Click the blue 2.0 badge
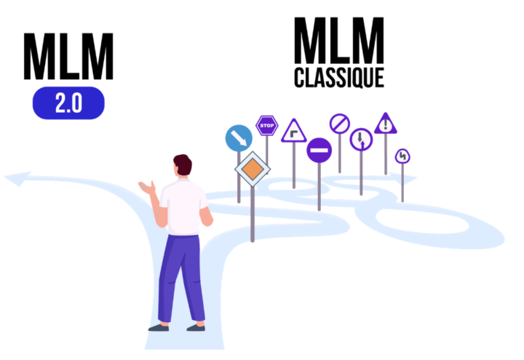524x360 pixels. coord(68,103)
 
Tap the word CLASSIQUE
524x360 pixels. coord(339,78)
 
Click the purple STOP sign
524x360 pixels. coord(266,126)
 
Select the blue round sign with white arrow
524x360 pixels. coord(239,138)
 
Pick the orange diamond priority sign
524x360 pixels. coord(253,169)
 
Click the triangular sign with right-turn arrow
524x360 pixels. coord(294,132)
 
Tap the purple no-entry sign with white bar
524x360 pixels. coord(319,151)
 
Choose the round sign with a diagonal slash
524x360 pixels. coord(340,124)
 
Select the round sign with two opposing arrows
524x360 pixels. coord(361,140)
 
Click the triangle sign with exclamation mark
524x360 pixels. coord(386,124)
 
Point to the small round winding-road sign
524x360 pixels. coord(402,156)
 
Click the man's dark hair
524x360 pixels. coord(183,164)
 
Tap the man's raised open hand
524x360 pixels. coord(147,188)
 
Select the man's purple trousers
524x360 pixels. coord(181,278)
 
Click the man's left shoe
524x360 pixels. coord(159,328)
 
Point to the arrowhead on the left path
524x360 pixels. coord(17,178)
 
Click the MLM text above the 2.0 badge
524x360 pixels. coord(68,57)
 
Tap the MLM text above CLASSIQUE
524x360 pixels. coord(339,41)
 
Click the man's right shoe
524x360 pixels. coord(196,328)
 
